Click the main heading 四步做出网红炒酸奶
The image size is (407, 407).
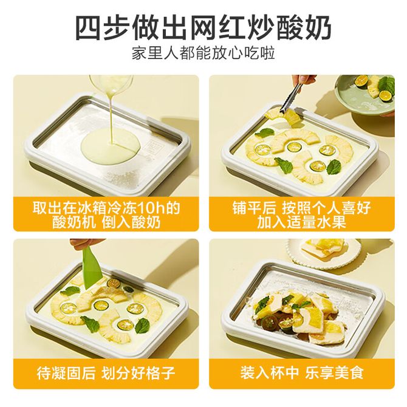click(203, 28)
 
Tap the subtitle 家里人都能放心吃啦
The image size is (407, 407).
click(203, 53)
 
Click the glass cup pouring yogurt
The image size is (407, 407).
click(111, 85)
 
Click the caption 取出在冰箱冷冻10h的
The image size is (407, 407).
click(106, 208)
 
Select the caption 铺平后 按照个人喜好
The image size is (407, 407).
click(302, 208)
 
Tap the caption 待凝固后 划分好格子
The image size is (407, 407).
click(106, 373)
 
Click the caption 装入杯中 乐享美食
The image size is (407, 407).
click(302, 373)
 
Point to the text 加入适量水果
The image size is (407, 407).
click(302, 222)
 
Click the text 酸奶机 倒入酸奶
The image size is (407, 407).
click(106, 222)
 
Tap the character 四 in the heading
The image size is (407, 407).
click(88, 28)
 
